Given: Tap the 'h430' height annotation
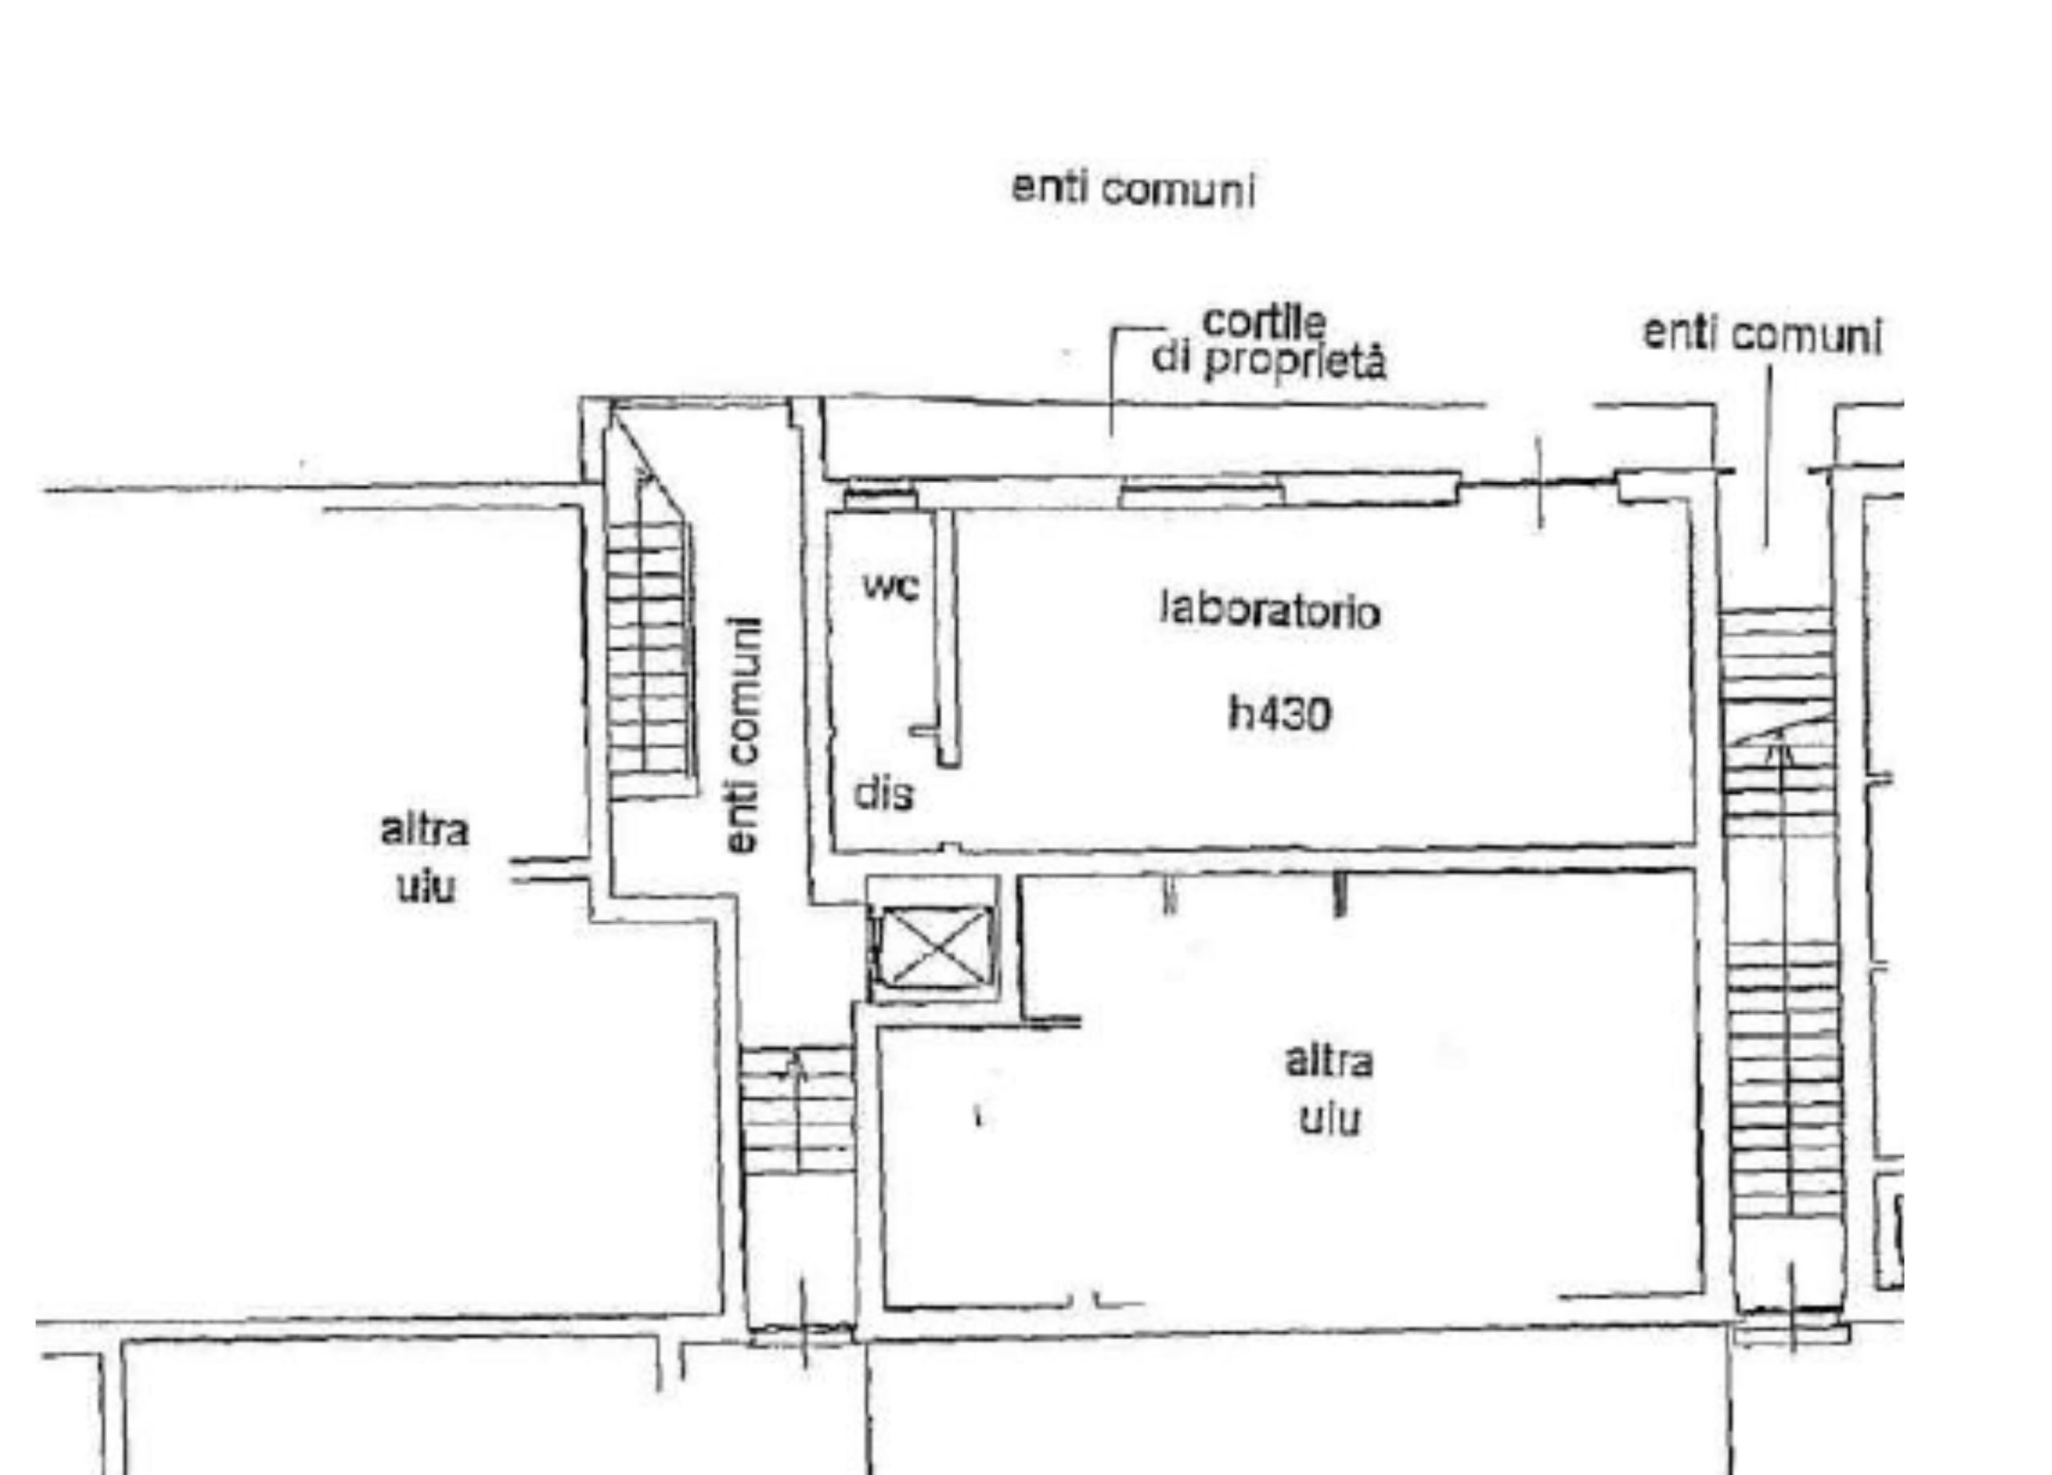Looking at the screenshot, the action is [x=1280, y=712].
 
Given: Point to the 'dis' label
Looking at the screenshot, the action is [x=884, y=793].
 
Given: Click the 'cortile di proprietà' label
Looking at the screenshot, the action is [x=1267, y=343].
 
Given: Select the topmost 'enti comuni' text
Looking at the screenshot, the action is [x=1133, y=189].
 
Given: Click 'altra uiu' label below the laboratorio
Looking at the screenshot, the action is [x=1329, y=1090].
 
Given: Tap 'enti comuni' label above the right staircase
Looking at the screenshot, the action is [x=1762, y=335].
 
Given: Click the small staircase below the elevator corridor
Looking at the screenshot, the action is [x=797, y=1110].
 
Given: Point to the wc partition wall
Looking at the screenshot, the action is [x=947, y=639].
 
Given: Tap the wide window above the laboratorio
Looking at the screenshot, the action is [x=1202, y=494].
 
